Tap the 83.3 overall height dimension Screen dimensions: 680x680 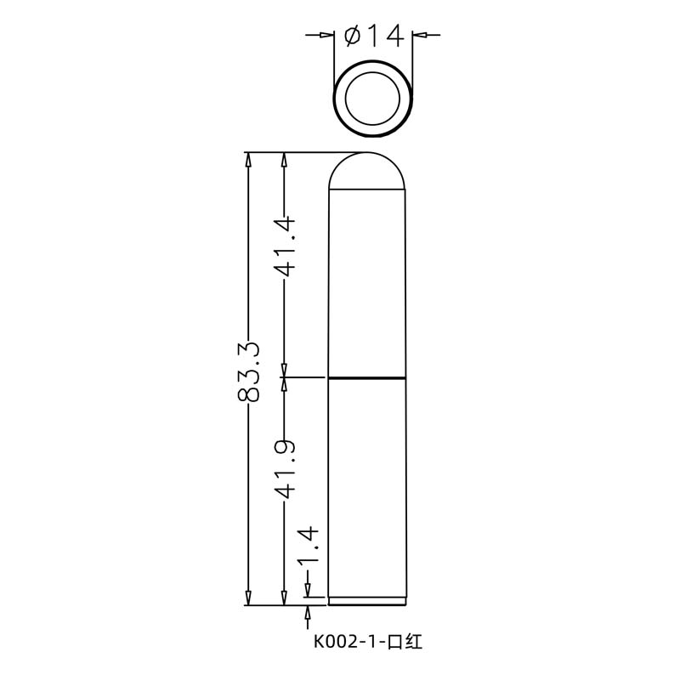248,371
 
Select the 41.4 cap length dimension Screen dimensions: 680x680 285,246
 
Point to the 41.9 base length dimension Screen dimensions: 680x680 285,468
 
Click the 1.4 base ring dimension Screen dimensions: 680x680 309,544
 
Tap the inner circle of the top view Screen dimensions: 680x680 372,98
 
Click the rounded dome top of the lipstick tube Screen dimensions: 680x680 367,152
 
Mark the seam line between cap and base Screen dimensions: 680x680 367,378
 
